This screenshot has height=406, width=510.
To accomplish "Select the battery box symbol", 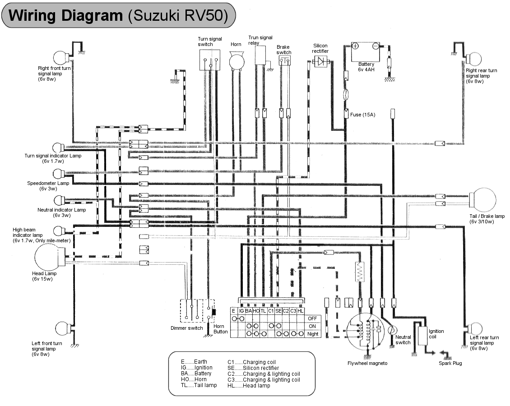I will (366, 52).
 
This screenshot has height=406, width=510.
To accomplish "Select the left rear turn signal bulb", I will (476, 328).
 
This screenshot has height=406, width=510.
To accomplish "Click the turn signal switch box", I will (210, 60).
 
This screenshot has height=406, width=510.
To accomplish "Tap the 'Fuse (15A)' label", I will (362, 115).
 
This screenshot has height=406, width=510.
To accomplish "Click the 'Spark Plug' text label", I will (450, 363).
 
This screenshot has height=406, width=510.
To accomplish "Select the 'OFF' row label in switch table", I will (312, 318).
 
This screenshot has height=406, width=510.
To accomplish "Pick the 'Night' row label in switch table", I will (312, 334).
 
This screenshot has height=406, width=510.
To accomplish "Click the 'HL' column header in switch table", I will (301, 311).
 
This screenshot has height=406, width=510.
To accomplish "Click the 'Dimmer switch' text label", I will (186, 328).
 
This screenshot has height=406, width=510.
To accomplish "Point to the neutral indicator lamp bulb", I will (59, 200).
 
